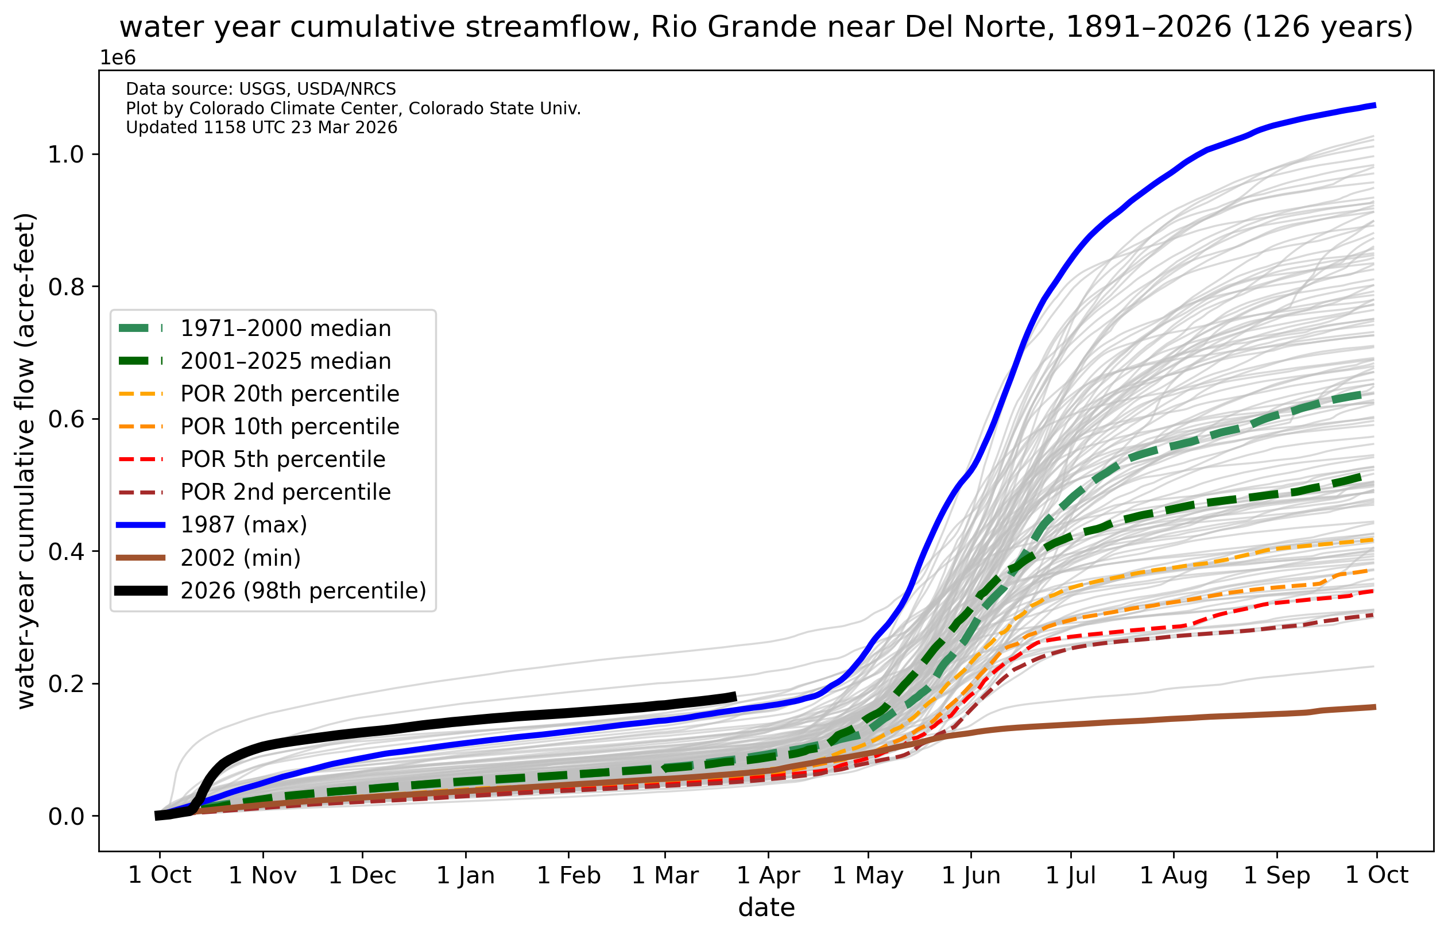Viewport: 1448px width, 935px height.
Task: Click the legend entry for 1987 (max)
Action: point(243,525)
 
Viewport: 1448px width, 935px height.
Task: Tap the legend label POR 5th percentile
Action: point(283,459)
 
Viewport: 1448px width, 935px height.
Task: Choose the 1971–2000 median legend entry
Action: point(286,329)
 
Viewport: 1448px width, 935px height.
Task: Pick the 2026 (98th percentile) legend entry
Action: point(303,591)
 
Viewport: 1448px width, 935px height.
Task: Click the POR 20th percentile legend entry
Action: point(289,394)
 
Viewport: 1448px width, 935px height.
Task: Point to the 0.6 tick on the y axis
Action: point(65,419)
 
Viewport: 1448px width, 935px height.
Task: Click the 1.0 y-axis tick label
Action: point(65,154)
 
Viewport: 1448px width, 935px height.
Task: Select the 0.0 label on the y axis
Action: point(65,817)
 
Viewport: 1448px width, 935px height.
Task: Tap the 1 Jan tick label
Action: point(466,875)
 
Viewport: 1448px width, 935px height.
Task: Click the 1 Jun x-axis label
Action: point(970,875)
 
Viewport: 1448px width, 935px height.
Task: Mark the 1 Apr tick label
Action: point(768,875)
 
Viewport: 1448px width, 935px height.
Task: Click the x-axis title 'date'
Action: point(766,907)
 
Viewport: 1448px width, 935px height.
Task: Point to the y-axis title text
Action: point(26,461)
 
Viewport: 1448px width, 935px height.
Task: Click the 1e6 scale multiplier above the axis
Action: point(118,57)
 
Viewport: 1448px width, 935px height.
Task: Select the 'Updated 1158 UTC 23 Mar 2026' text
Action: point(262,127)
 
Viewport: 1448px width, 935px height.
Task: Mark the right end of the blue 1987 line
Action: point(1375,106)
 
